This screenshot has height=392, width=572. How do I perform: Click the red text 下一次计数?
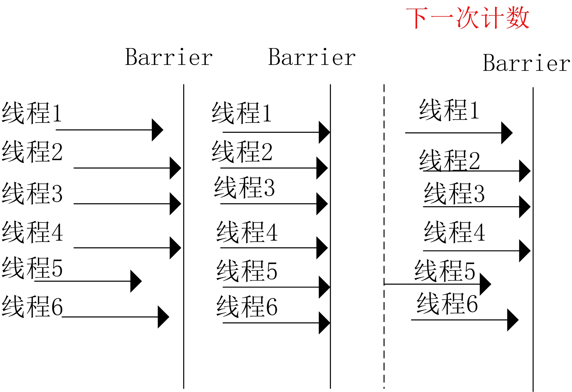point(467,18)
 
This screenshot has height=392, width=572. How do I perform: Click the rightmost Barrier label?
point(526,63)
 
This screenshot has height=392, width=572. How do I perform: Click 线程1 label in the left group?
point(32,113)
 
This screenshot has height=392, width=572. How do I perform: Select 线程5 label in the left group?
point(32,268)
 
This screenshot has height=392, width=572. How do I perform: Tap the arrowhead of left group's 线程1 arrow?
point(157,130)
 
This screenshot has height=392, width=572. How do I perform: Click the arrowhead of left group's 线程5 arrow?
point(136,281)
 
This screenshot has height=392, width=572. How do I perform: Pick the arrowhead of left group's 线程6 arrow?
point(163,317)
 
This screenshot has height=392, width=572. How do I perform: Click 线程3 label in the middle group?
point(244,187)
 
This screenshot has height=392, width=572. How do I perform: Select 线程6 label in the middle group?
point(247,306)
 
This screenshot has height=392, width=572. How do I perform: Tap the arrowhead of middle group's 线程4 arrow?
point(322,248)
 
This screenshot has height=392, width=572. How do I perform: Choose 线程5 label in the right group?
point(445,271)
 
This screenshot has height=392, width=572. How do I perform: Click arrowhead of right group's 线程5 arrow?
point(485,284)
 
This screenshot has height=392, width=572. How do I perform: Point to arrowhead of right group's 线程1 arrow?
point(507,133)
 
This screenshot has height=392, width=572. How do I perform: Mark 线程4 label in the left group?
point(32,232)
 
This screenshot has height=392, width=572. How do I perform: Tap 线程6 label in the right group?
point(447,303)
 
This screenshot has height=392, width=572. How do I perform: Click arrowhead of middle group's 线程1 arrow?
point(324,132)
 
